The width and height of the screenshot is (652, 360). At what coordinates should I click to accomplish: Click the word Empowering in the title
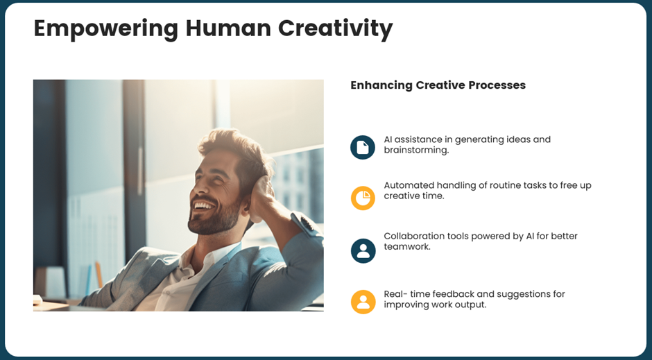tap(105, 29)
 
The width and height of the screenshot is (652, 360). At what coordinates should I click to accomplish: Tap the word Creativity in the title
tap(335, 29)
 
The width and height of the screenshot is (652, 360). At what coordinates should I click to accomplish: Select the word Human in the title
tap(228, 28)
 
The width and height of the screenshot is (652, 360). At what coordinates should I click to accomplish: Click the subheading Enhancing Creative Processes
tap(438, 85)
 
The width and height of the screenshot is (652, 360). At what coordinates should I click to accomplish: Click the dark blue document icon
tap(363, 147)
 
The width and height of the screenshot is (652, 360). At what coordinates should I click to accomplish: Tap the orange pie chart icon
tap(363, 198)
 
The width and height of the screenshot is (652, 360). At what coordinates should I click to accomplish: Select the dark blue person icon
tap(363, 250)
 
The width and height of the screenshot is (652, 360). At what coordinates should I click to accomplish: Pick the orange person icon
tap(363, 302)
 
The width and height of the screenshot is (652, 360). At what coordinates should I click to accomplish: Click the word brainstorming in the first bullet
tap(415, 150)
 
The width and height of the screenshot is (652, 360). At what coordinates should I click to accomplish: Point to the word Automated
tap(409, 185)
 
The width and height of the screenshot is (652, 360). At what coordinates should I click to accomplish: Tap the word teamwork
tap(406, 246)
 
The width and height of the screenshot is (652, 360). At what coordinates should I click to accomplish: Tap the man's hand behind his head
tap(261, 198)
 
